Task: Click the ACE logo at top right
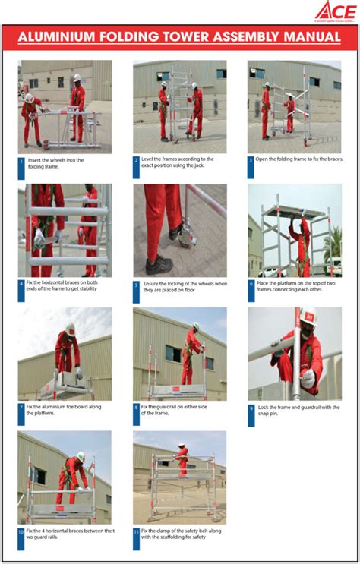pyautogui.click(x=334, y=11)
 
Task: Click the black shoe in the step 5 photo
pyautogui.click(x=159, y=265)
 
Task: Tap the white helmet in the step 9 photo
pyautogui.click(x=308, y=317)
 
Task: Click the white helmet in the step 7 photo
pyautogui.click(x=70, y=329)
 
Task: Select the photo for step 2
pyautogui.click(x=179, y=107)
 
